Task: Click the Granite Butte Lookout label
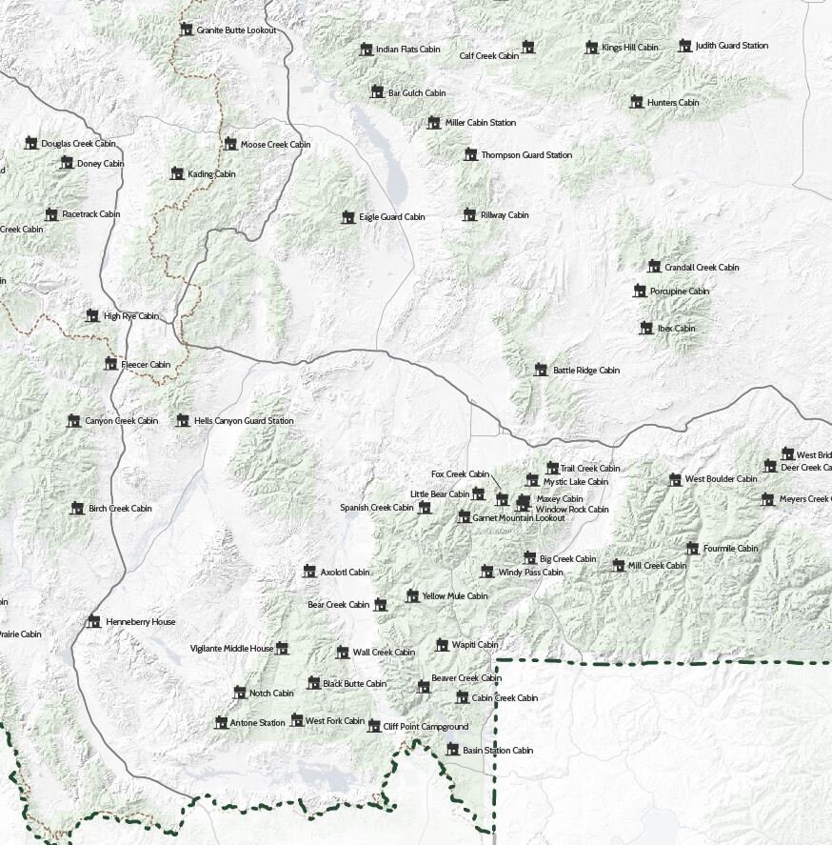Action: click(236, 30)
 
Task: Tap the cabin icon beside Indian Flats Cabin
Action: click(366, 50)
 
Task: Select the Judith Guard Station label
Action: click(731, 46)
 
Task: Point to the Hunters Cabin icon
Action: click(636, 102)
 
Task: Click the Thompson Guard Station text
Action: click(526, 155)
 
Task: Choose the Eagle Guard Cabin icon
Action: click(348, 217)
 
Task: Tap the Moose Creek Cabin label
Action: click(275, 145)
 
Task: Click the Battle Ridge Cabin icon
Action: click(541, 370)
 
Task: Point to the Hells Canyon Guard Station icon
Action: click(183, 420)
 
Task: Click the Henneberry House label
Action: click(141, 622)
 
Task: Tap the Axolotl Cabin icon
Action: click(308, 572)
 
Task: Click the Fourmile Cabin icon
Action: click(692, 549)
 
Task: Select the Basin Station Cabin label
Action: click(497, 751)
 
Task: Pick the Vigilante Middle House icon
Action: click(282, 649)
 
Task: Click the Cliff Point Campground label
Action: click(426, 727)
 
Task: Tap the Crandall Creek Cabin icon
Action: click(653, 267)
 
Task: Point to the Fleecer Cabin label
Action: click(146, 365)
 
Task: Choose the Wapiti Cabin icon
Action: click(442, 645)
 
